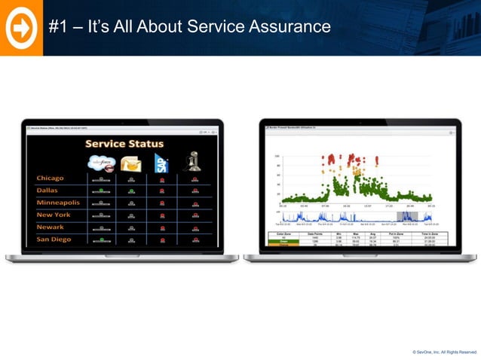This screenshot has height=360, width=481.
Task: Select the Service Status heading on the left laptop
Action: [x=125, y=143]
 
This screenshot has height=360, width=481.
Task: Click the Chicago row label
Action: [x=51, y=178]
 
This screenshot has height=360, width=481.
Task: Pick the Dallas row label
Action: [x=47, y=191]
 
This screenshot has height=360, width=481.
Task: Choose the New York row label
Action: [x=54, y=215]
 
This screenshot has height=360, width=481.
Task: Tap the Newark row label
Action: [x=51, y=227]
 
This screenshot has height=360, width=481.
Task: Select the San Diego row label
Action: [x=54, y=239]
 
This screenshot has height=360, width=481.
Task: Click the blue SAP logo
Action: [x=161, y=162]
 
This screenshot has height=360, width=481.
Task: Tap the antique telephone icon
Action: [x=194, y=161]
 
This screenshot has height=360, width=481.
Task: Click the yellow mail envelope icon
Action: [x=131, y=163]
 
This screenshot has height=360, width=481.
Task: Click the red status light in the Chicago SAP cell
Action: [x=161, y=179]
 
